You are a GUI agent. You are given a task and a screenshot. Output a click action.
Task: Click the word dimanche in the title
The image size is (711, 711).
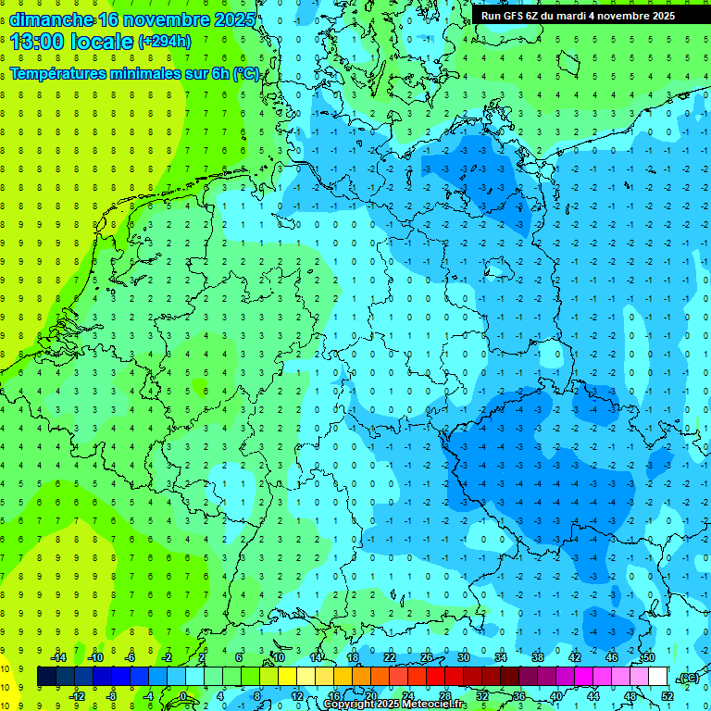point(51,19)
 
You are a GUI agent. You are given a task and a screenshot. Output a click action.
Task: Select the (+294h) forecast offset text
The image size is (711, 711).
point(165,42)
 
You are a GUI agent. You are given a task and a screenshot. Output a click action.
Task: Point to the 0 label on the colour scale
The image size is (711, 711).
point(183,696)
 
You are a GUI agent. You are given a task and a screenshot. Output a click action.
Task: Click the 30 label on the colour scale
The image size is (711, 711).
point(463,657)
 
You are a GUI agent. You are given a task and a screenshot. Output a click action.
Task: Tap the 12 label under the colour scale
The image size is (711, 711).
point(297,696)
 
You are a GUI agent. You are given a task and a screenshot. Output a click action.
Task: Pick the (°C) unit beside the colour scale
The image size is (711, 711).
point(687,677)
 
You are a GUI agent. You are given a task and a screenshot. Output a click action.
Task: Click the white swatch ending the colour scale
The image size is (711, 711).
point(658,677)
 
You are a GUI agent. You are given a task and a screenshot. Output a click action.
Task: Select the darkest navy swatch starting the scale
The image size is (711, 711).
point(46,677)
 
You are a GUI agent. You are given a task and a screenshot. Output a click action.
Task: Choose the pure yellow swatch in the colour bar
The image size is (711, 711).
point(306,677)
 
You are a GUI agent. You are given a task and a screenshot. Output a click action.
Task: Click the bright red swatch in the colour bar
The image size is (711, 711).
point(436,677)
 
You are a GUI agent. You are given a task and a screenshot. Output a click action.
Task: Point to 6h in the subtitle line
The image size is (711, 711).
point(218,74)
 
